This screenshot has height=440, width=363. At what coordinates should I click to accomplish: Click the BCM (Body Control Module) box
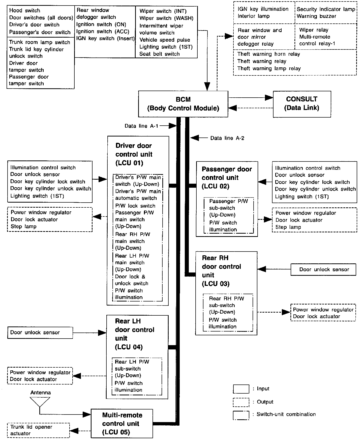click(183, 104)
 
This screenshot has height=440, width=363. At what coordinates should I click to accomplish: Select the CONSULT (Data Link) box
click(302, 104)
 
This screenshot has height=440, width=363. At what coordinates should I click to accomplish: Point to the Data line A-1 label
click(141, 126)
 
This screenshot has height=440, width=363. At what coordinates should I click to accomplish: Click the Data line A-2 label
click(227, 138)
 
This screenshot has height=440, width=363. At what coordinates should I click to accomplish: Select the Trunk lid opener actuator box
click(38, 430)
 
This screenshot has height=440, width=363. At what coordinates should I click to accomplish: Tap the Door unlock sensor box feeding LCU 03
click(323, 269)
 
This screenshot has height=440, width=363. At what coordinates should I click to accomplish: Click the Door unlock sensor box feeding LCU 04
click(40, 333)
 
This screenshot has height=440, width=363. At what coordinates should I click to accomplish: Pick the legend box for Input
click(241, 389)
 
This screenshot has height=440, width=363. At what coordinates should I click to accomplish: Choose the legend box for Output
click(241, 402)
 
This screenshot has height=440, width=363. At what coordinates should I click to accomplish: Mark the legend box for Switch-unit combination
click(241, 415)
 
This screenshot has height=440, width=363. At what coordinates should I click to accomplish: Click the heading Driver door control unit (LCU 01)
click(134, 154)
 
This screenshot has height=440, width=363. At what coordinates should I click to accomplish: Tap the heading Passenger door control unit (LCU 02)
click(227, 178)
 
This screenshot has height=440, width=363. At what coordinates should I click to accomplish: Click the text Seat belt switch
click(159, 54)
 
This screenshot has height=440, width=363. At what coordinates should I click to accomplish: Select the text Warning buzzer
click(316, 16)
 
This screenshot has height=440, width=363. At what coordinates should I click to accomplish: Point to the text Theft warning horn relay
click(269, 54)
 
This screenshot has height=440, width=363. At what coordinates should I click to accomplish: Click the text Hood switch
click(25, 11)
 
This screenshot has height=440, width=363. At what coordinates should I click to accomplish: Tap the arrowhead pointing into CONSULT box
click(269, 97)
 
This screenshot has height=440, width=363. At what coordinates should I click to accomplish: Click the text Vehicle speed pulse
click(165, 40)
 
